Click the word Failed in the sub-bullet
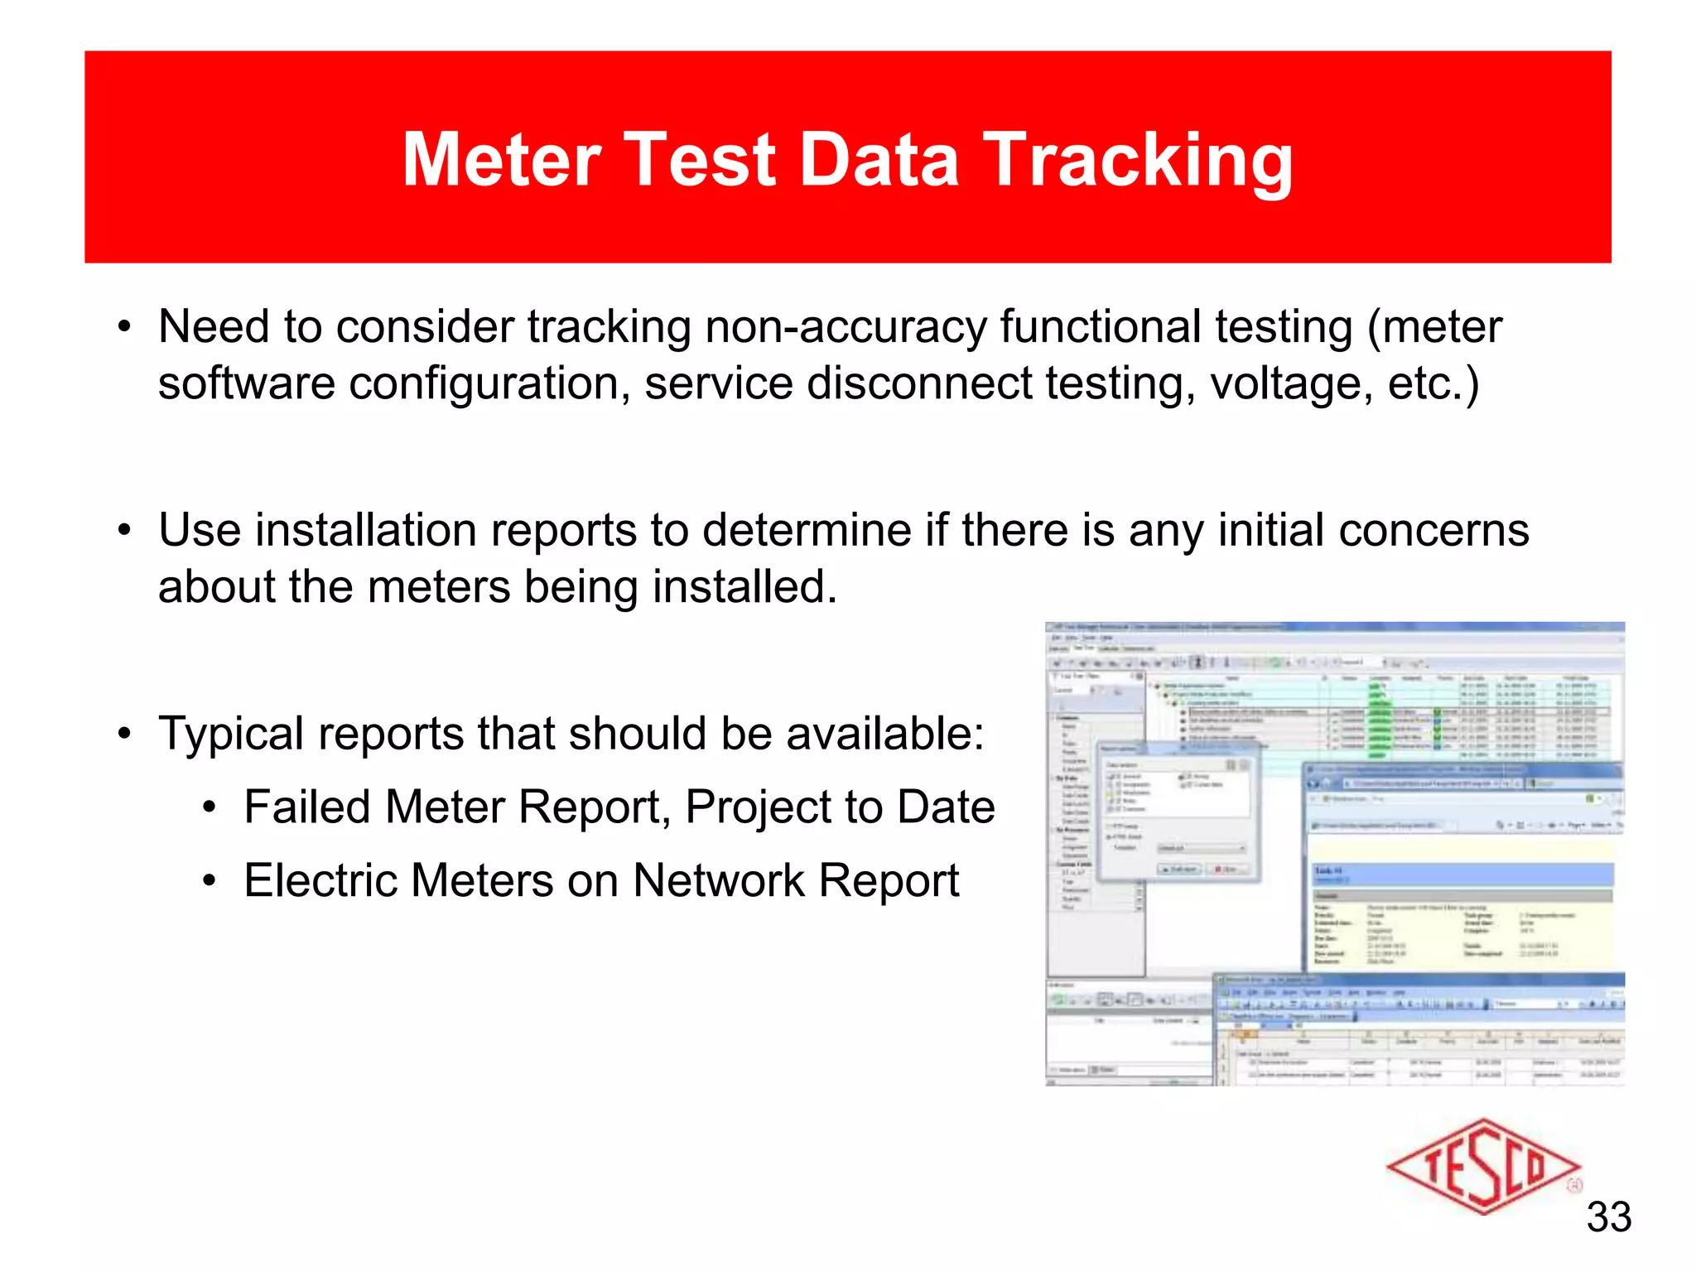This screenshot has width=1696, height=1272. click(x=307, y=807)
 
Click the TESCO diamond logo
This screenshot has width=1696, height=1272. click(x=1482, y=1167)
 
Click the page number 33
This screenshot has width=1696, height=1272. click(x=1608, y=1217)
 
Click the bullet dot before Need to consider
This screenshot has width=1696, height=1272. click(x=124, y=327)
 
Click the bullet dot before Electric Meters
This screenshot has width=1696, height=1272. click(x=210, y=881)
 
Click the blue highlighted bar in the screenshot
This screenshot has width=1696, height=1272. click(x=1462, y=874)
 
